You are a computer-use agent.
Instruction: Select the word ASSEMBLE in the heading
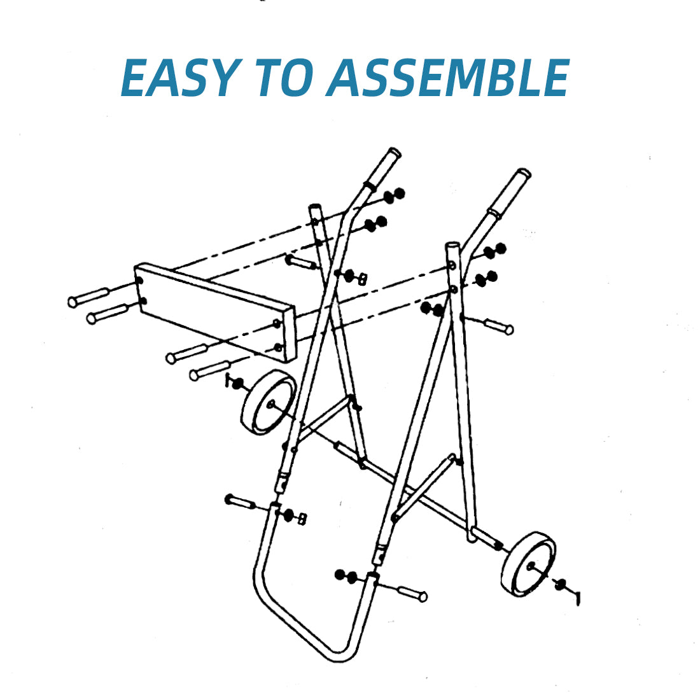pos(448,78)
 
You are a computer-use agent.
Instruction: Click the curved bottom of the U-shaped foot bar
pos(337,652)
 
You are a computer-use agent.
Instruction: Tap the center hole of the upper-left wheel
pos(272,403)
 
